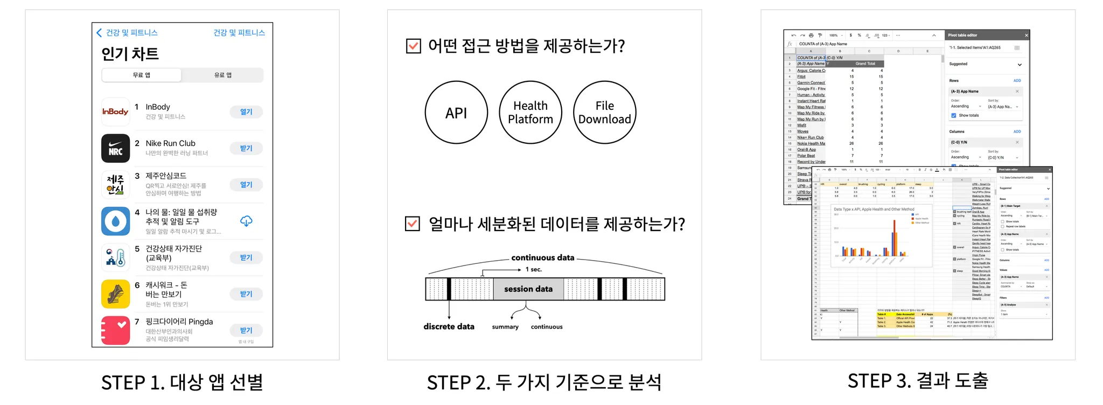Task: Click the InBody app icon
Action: pos(115,111)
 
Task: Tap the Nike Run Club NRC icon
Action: pos(115,148)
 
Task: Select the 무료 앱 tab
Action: pos(142,75)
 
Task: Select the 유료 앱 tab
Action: pos(222,75)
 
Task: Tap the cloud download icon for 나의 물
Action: pos(246,221)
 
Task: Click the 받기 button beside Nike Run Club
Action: pos(246,148)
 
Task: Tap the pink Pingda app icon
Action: pos(115,330)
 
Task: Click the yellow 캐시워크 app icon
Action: pos(115,294)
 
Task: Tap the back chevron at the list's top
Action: pos(99,33)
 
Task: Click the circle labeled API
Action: pos(456,113)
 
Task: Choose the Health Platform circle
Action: pos(530,113)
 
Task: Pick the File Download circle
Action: pos(604,113)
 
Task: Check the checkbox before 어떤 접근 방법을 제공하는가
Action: pos(413,46)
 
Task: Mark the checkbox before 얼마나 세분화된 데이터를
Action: pos(413,224)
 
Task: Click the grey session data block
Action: pos(528,289)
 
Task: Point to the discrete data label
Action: pos(449,326)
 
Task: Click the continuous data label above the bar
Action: pos(543,257)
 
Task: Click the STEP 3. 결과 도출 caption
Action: pos(918,381)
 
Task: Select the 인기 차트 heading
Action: pos(130,54)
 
